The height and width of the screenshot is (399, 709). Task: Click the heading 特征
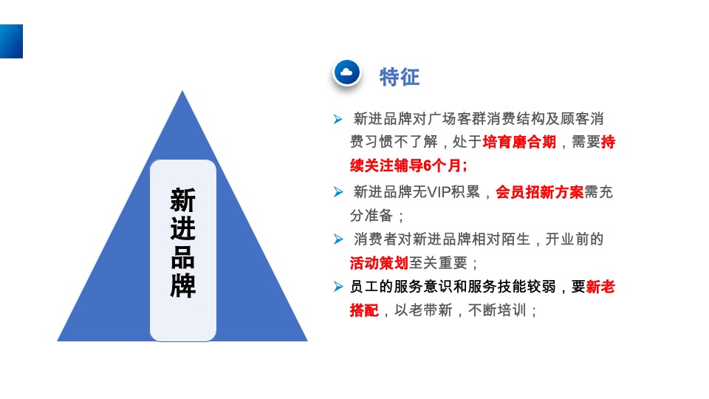tap(399, 77)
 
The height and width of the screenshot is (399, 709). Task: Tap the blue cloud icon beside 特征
tap(347, 72)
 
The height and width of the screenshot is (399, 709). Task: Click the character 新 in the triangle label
tap(183, 199)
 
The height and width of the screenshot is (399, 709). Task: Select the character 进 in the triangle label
tap(183, 228)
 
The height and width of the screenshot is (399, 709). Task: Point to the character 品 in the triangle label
tap(183, 256)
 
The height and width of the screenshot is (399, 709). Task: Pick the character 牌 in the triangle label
tap(183, 285)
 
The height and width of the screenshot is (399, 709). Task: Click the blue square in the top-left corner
tap(11, 41)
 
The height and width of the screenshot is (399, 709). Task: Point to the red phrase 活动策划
tap(379, 263)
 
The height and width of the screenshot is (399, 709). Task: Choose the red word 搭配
tap(364, 310)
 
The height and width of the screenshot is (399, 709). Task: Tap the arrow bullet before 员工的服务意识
tap(338, 287)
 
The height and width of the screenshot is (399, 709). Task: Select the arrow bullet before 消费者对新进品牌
tap(338, 239)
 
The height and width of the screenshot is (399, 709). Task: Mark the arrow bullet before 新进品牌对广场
tap(338, 119)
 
